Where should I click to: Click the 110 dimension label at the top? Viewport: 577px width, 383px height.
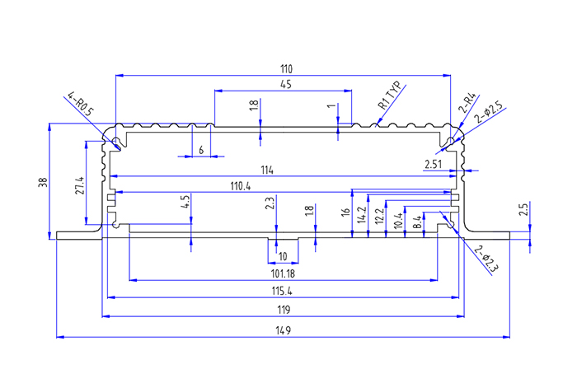[286, 68]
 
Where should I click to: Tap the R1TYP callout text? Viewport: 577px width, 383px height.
[388, 96]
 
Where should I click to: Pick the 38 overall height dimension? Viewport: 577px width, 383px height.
[44, 182]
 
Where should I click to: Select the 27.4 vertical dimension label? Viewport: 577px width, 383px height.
[79, 186]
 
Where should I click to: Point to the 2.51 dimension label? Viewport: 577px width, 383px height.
[434, 165]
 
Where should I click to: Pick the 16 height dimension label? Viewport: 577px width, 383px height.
[347, 213]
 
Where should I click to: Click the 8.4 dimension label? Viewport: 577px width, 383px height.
[417, 221]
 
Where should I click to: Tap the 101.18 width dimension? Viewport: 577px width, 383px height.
[283, 273]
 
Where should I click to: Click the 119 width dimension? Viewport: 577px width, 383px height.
[283, 310]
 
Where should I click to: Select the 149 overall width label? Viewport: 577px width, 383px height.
[283, 330]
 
